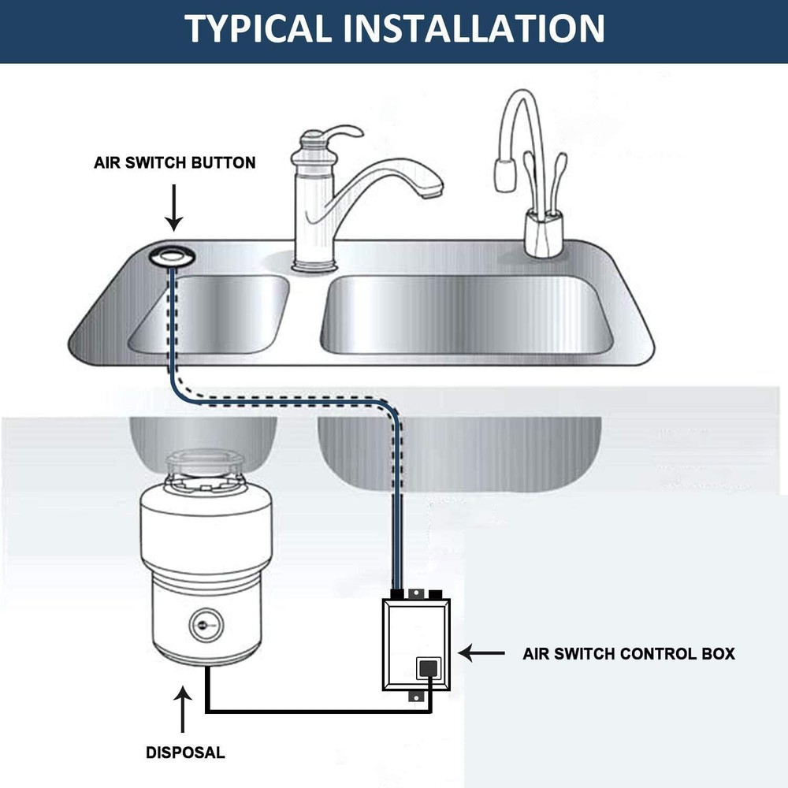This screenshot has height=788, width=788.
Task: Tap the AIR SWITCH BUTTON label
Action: (x=175, y=163)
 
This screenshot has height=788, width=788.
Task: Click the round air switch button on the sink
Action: (x=173, y=256)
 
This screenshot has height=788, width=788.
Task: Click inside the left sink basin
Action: (x=209, y=315)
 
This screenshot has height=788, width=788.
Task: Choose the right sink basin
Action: (x=465, y=315)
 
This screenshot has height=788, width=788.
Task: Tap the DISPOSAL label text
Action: (x=185, y=753)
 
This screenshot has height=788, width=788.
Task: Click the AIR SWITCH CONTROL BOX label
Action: (x=628, y=654)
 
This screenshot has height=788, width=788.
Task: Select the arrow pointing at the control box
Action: (x=481, y=653)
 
